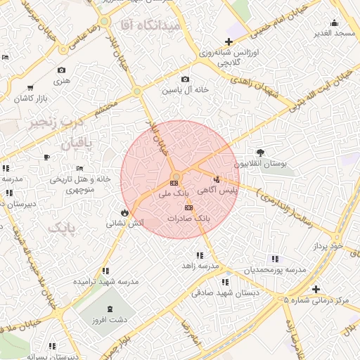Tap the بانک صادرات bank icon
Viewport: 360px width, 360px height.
pyautogui.click(x=188, y=208)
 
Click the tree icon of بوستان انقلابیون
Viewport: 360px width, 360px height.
pyautogui.click(x=261, y=152)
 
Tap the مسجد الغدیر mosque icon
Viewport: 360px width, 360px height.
pyautogui.click(x=335, y=22)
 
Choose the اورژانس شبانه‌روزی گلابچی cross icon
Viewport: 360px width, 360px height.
pyautogui.click(x=229, y=41)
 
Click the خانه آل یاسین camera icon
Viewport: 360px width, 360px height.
pyautogui.click(x=185, y=79)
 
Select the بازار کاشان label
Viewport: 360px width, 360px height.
pyautogui.click(x=32, y=98)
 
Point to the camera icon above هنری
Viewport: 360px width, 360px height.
pyautogui.click(x=62, y=70)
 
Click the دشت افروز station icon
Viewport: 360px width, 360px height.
pyautogui.click(x=109, y=309)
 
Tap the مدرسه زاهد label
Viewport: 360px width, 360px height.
pyautogui.click(x=198, y=266)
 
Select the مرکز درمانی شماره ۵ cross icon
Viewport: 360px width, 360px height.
pyautogui.click(x=316, y=289)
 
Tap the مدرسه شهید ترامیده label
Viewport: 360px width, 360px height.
pyautogui.click(x=105, y=281)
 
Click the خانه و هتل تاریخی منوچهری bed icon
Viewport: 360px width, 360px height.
pyautogui.click(x=80, y=169)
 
